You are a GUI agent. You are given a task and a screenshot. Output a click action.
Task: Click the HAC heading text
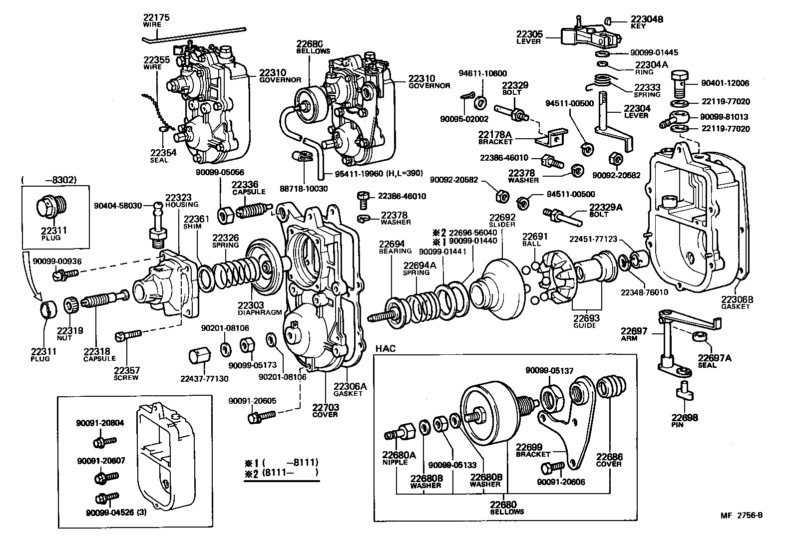[385, 348]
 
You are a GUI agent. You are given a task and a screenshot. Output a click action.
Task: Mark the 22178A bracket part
[552, 137]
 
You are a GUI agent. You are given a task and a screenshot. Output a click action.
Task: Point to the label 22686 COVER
[609, 460]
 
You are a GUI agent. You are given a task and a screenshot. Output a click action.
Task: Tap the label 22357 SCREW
[126, 373]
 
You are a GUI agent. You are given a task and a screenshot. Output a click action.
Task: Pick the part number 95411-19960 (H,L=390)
[373, 174]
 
